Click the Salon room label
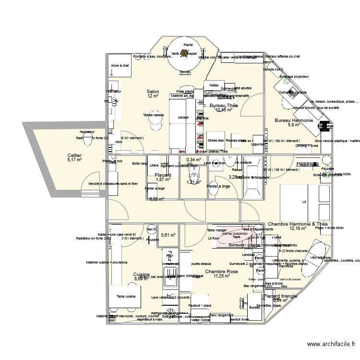[x=153, y=91]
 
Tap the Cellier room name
[x=74, y=156]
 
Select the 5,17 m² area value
[x=74, y=160]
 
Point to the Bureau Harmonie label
[x=293, y=120]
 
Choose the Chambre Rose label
[x=221, y=272]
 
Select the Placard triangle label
[x=280, y=296]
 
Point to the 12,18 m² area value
[x=298, y=228]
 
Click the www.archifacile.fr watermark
[x=331, y=344]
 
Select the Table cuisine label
[x=126, y=297]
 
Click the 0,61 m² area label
[x=168, y=235]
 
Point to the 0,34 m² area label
[x=193, y=159]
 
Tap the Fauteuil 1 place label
[x=200, y=306]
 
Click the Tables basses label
[x=154, y=115]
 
